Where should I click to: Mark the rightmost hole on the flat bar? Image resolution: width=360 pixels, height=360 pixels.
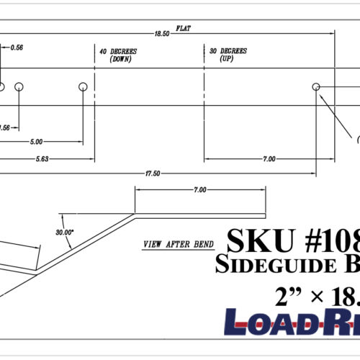315,86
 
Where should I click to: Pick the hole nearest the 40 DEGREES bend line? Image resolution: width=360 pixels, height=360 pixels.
83,86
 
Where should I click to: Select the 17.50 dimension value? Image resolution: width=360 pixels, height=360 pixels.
153,174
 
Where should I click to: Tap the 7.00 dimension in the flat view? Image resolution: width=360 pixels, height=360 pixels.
268,158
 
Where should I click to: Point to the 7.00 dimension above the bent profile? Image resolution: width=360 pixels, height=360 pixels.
199,190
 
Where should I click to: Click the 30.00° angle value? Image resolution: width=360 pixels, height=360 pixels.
65,233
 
